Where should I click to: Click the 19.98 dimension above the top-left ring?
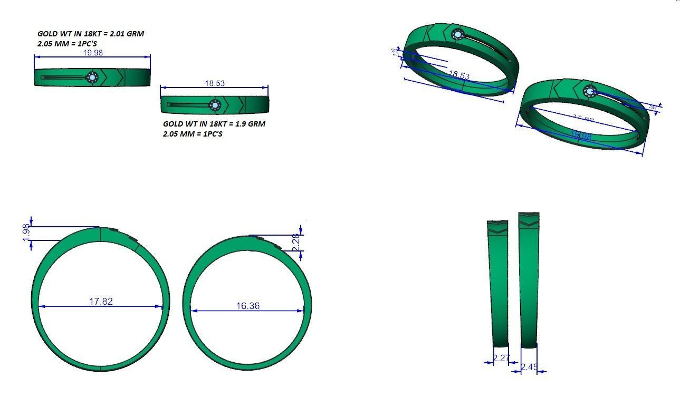93,53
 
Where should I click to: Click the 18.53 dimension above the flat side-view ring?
214,83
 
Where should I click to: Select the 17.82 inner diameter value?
101,302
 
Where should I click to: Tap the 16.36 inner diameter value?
248,306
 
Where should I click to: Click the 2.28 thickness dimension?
296,243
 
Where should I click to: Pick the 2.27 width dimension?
501,359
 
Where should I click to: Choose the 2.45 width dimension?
529,367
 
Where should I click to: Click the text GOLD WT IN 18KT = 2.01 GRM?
90,34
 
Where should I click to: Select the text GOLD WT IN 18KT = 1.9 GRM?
214,124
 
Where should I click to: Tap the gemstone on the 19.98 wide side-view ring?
93,78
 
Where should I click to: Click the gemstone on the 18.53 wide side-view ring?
214,105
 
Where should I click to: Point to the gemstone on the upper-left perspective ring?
457,35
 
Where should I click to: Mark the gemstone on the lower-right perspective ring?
589,92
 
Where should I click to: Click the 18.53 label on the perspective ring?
458,75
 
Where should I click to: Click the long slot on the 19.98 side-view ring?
62,78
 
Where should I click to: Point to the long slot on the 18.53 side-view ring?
187,105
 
